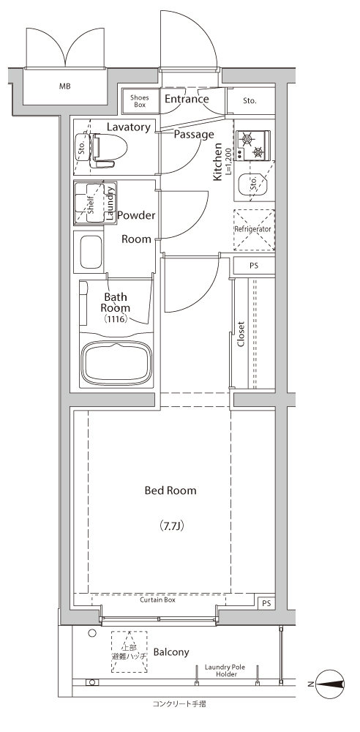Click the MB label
65,86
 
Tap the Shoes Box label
139,101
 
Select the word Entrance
187,99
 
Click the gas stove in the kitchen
252,146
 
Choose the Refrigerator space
252,230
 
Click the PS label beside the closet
254,266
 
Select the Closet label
241,335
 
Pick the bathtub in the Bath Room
117,363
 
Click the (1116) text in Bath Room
116,319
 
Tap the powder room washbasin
91,252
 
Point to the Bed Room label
170,490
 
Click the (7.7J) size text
171,526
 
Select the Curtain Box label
157,600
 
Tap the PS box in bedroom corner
266,603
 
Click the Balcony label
171,652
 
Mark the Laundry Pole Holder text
225,671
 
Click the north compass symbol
330,684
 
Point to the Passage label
194,135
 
